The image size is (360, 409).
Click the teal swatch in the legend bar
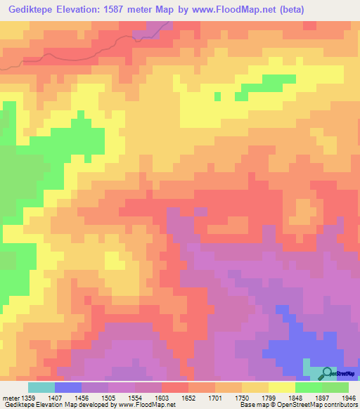(41, 387)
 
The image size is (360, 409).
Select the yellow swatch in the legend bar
(281, 387)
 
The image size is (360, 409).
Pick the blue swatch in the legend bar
(67, 387)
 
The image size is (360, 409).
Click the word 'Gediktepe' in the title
(31, 10)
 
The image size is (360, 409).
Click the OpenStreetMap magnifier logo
(328, 373)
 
